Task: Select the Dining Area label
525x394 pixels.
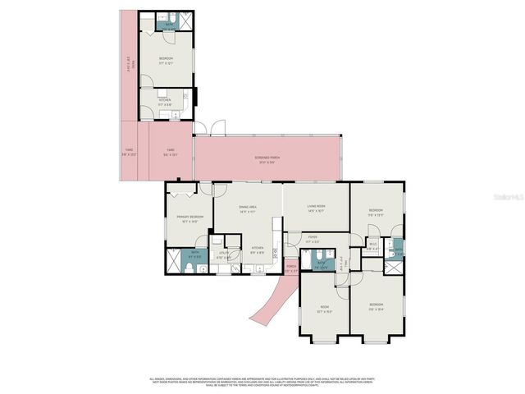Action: pyautogui.click(x=248, y=209)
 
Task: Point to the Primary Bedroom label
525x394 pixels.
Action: pyautogui.click(x=189, y=218)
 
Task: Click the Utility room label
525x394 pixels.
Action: pyautogui.click(x=221, y=256)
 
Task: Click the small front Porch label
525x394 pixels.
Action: pyautogui.click(x=290, y=268)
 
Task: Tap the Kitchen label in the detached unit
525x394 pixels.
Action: pyautogui.click(x=165, y=102)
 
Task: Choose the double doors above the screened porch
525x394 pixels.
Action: pyautogui.click(x=215, y=128)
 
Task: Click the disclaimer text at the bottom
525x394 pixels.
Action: pyautogui.click(x=262, y=382)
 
